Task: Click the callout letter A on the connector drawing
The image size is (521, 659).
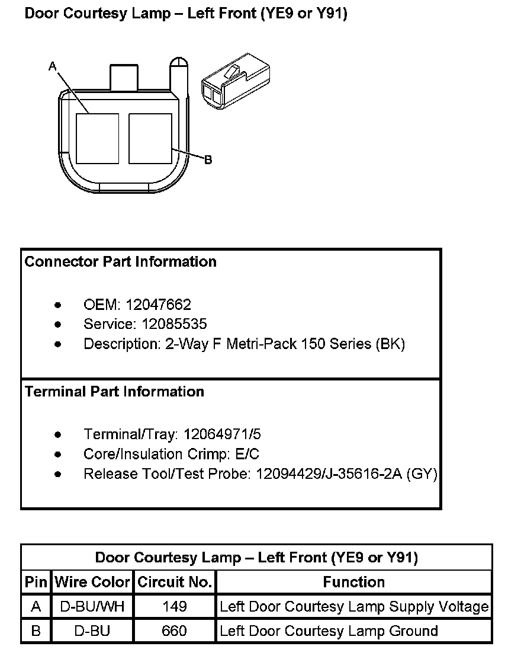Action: [x=52, y=67]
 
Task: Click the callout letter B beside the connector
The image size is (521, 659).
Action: [x=208, y=159]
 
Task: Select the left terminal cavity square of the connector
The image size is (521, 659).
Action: [x=98, y=138]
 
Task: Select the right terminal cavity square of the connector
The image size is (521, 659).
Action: [x=150, y=138]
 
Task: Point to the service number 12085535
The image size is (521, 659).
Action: [x=174, y=324]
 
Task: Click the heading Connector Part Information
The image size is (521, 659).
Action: [x=120, y=262]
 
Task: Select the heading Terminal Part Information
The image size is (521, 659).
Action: [x=114, y=392]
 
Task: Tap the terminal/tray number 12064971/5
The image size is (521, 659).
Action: [x=222, y=434]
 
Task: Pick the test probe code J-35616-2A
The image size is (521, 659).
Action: [x=362, y=474]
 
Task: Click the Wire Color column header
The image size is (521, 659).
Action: [x=92, y=582]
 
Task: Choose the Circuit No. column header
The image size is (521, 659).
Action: [x=175, y=582]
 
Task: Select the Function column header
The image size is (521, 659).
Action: [x=353, y=582]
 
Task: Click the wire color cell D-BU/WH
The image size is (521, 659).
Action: [x=92, y=607]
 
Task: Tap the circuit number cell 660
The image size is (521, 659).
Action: [x=174, y=631]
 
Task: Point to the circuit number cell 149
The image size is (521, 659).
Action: [x=174, y=607]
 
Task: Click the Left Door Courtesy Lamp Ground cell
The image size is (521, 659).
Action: [x=329, y=631]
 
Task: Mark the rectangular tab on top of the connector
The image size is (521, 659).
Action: [x=124, y=78]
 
